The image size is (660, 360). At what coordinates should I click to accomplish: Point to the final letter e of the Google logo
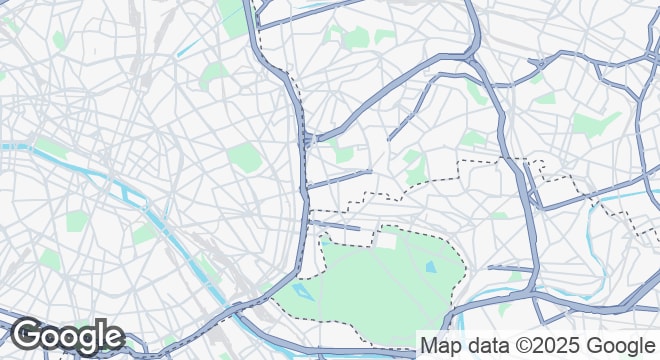tap(112, 337)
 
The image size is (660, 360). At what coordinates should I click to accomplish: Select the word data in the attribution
tap(483, 346)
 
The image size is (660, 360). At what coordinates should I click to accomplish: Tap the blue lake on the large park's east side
tap(431, 267)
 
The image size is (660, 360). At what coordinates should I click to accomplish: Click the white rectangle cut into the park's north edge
tap(386, 241)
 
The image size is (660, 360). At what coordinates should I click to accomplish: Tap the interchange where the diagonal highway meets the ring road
tap(309, 139)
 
